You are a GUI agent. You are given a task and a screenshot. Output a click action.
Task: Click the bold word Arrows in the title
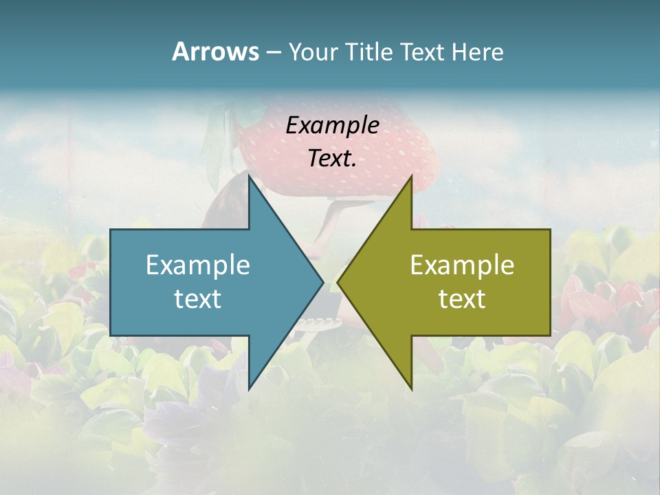[215, 52]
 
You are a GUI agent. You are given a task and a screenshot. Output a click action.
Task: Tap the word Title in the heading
[370, 52]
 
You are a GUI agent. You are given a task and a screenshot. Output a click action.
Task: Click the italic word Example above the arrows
[332, 126]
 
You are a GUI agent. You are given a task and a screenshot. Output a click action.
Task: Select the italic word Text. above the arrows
[332, 159]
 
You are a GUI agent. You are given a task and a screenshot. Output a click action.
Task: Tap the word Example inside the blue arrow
[198, 265]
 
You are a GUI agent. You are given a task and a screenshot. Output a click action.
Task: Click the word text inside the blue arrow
[198, 298]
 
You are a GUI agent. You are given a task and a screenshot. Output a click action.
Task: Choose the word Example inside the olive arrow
[462, 265]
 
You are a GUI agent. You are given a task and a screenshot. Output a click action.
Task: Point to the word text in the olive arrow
[462, 298]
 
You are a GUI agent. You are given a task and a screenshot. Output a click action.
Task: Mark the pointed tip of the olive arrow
[339, 282]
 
